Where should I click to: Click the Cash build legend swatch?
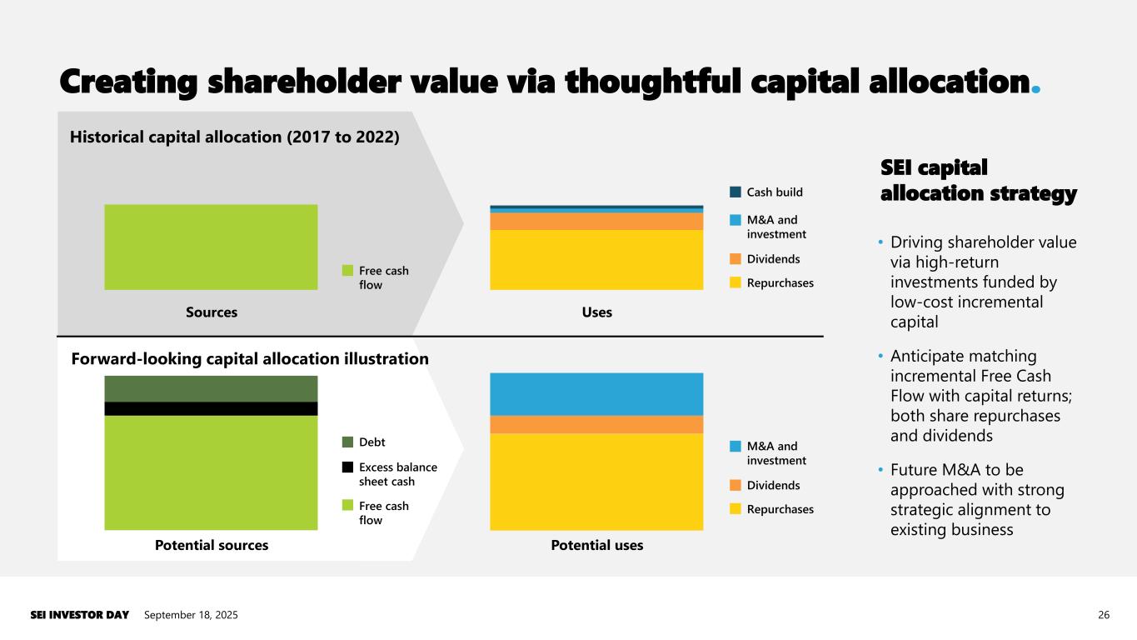click(x=735, y=192)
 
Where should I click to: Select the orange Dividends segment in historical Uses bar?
click(x=596, y=221)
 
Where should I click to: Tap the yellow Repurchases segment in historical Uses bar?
click(x=596, y=259)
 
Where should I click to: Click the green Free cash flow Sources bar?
click(x=211, y=247)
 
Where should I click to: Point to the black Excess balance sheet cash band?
click(x=211, y=408)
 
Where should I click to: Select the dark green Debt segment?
click(x=211, y=388)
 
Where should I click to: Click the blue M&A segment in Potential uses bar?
click(x=596, y=393)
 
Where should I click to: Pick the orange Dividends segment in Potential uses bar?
click(x=596, y=424)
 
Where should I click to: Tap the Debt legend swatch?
click(x=347, y=442)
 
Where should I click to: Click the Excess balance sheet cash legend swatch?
click(x=347, y=467)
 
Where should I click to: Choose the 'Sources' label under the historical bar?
click(x=211, y=312)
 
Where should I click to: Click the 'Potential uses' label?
click(x=596, y=545)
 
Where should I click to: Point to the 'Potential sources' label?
click(x=212, y=545)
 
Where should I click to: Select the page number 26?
click(x=1104, y=615)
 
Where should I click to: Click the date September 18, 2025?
click(x=191, y=615)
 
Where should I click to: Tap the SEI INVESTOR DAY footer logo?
click(x=80, y=615)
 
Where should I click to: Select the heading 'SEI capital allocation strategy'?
click(x=978, y=181)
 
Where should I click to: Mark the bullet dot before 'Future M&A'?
click(x=881, y=471)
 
